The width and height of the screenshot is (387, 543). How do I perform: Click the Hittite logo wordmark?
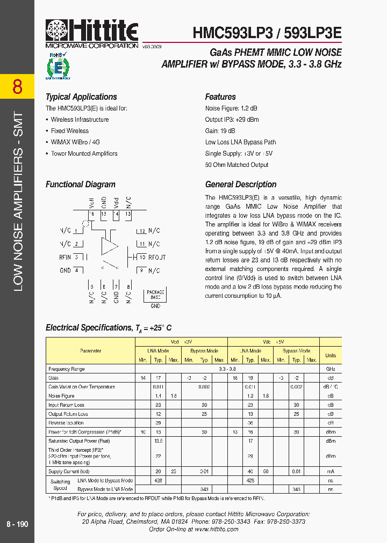pos(92,30)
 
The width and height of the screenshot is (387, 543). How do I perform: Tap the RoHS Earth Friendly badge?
pos(58,65)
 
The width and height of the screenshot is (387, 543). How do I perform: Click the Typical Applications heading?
pos(81,97)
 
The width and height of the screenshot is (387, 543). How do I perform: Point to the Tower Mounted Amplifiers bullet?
pos(84,153)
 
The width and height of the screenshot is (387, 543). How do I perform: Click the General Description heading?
pos(241,185)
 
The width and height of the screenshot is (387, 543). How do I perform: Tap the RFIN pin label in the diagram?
pos(65,257)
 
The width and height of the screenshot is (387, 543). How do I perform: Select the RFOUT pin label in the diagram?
pos(157,257)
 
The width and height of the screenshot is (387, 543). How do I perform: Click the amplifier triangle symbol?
pos(110,246)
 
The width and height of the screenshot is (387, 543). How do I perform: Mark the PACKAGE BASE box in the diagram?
pos(155,295)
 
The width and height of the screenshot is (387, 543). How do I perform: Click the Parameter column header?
pos(90,351)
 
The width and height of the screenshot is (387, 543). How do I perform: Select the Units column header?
pos(330,355)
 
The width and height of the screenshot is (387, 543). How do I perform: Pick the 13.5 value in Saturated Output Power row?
pos(157,441)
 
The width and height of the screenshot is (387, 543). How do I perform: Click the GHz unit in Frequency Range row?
pos(330,369)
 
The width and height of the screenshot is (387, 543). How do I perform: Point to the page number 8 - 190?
pos(17,524)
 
